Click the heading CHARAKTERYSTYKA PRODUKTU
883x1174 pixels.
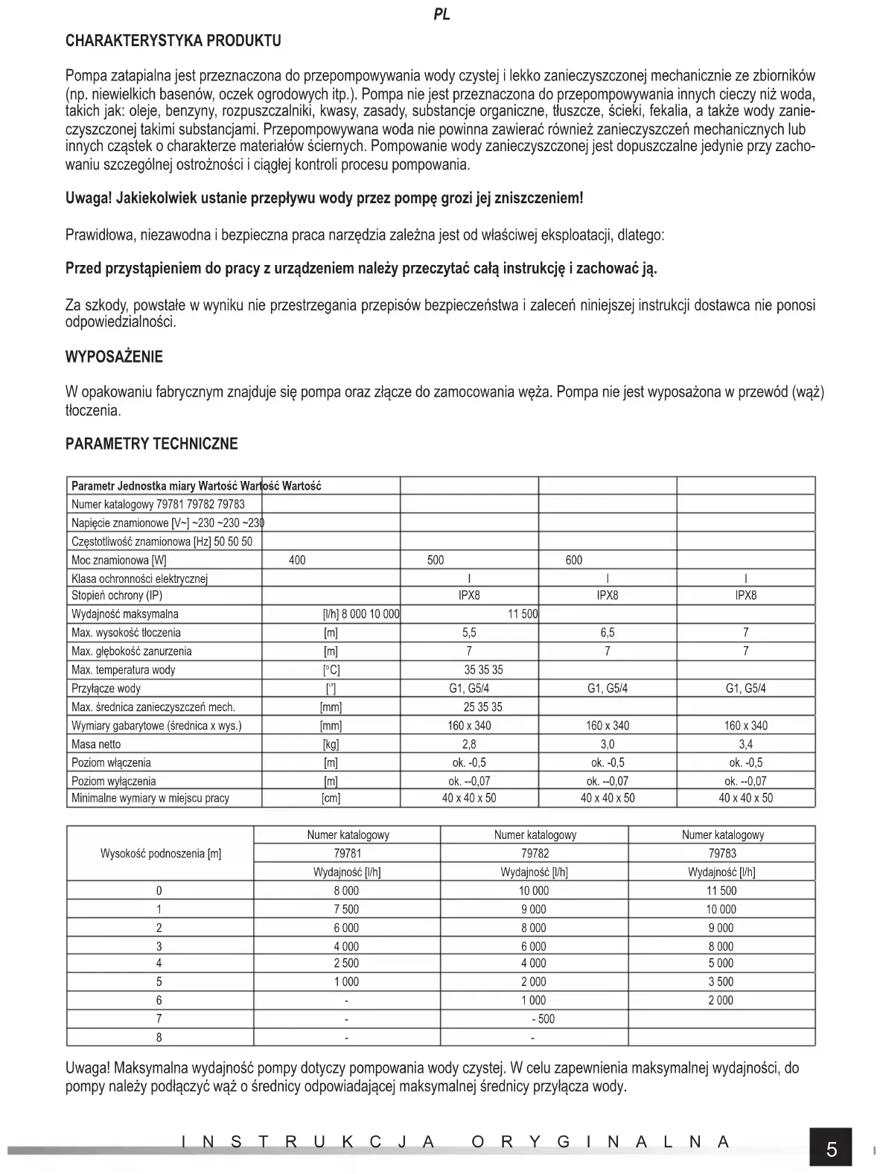(x=173, y=40)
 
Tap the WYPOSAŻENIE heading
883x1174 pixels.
(x=114, y=357)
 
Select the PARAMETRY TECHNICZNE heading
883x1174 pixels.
(x=152, y=444)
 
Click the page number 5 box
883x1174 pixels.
(x=831, y=1149)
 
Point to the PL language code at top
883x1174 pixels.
(x=441, y=15)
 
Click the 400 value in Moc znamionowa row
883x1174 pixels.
(x=297, y=560)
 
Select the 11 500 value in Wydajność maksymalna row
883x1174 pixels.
(x=523, y=614)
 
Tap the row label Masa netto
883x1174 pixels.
(x=96, y=744)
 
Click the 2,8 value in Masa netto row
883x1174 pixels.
(x=469, y=744)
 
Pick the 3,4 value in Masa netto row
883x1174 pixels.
(x=745, y=744)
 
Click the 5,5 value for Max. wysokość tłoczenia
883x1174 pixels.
(x=469, y=633)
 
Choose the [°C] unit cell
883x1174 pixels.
(x=331, y=670)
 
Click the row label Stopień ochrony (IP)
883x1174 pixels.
(x=117, y=596)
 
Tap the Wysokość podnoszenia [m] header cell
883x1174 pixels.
(x=161, y=853)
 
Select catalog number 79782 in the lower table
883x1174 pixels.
(x=534, y=853)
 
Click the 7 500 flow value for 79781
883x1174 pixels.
(x=346, y=909)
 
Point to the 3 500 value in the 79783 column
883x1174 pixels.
(x=721, y=982)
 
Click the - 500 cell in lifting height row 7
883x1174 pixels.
(x=543, y=1019)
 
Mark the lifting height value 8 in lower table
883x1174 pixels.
(x=159, y=1037)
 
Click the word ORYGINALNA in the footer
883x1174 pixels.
(x=600, y=1142)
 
